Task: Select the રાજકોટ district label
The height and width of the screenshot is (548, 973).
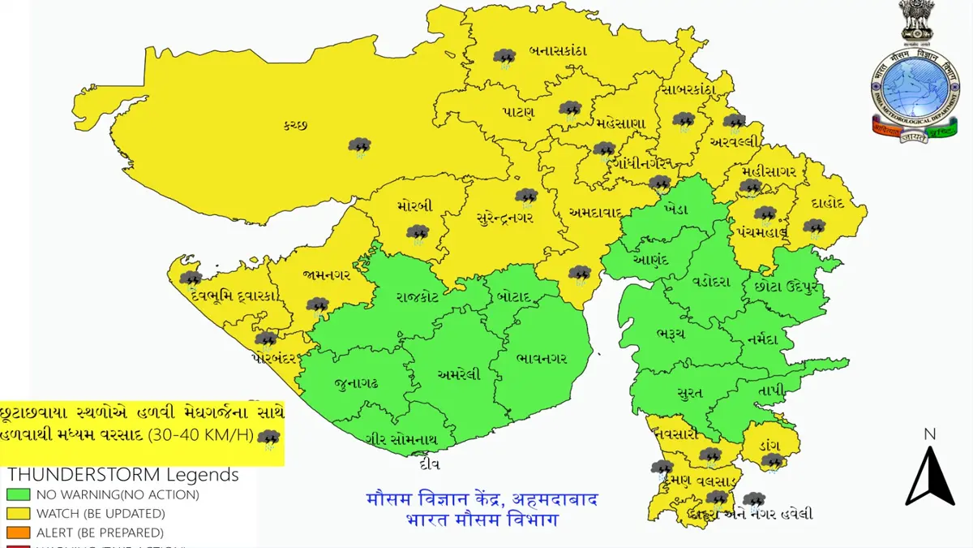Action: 418,297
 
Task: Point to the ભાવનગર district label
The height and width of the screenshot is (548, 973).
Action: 541,358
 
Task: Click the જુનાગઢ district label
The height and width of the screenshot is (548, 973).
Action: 355,382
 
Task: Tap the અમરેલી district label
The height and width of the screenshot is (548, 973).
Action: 459,374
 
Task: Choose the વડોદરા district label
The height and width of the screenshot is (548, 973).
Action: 710,282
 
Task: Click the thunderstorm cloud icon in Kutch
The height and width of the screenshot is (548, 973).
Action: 359,146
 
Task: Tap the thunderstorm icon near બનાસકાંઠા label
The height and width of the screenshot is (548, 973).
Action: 505,57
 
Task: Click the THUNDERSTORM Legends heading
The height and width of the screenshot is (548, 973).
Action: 123,475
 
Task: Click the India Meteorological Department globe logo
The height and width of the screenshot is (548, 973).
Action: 914,88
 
